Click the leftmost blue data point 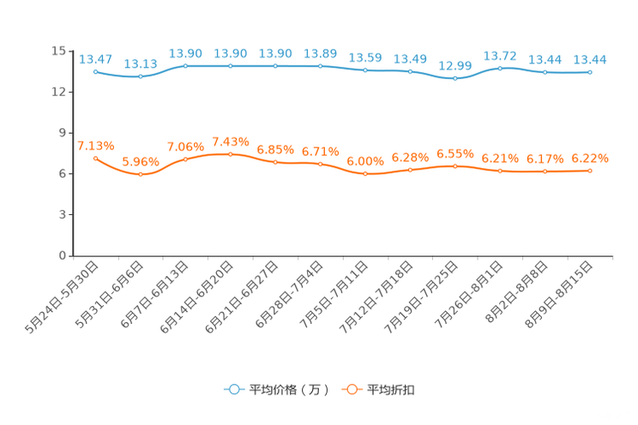95,71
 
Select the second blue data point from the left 140,77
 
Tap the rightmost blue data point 590,72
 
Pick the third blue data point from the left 185,65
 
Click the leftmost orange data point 95,159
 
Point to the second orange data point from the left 140,175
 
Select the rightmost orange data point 590,171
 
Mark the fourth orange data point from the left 230,153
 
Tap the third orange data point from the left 185,159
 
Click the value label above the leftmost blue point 95,58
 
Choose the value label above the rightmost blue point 590,59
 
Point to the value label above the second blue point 140,64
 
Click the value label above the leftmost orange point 95,145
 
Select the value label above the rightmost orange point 590,158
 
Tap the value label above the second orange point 140,161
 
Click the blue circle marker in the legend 233,389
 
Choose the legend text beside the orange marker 392,390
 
